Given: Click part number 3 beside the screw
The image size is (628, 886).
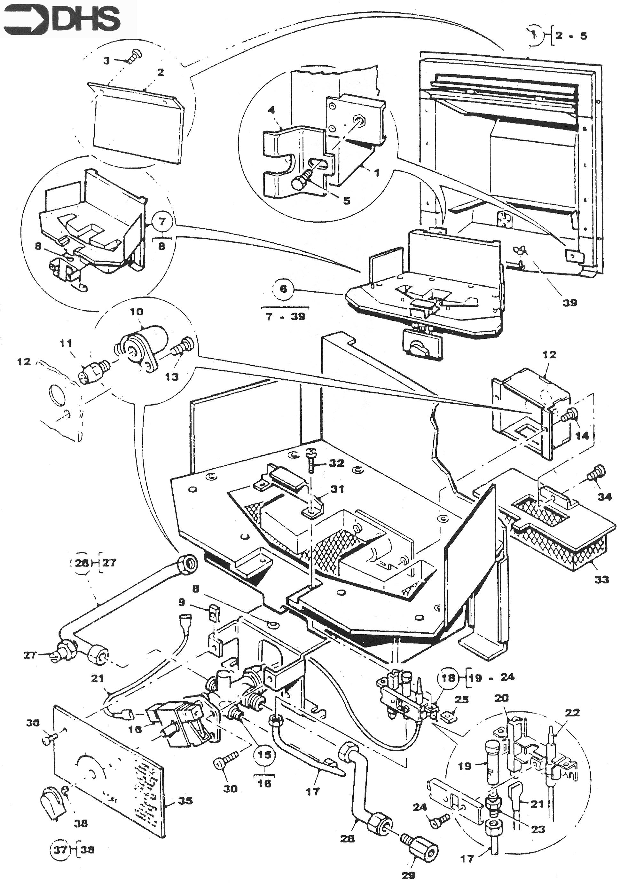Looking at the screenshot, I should pyautogui.click(x=107, y=61).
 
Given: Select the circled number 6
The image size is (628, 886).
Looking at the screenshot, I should pyautogui.click(x=283, y=289).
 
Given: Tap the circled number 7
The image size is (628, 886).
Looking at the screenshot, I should pyautogui.click(x=162, y=222).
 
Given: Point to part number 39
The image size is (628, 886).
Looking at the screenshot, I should pyautogui.click(x=569, y=302).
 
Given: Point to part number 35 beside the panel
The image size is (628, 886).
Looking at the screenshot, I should pyautogui.click(x=185, y=800).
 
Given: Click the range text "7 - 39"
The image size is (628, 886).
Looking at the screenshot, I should pyautogui.click(x=286, y=316).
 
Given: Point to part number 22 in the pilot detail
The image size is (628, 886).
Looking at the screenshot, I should pyautogui.click(x=572, y=712).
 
